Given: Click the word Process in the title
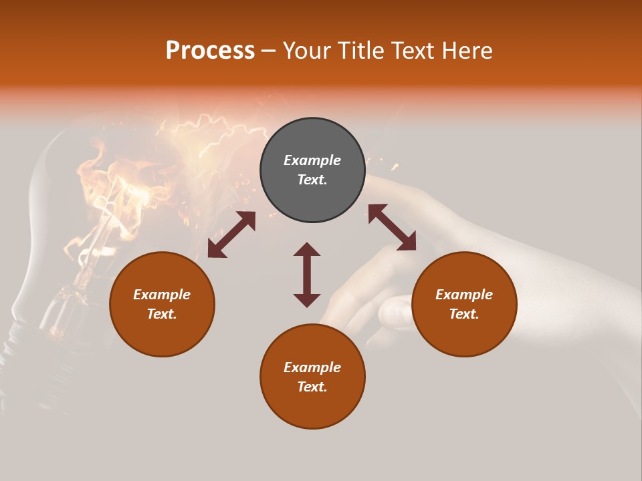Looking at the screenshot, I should click(210, 51).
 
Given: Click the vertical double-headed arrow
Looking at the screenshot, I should click(307, 275).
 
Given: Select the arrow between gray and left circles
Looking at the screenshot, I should click(231, 234).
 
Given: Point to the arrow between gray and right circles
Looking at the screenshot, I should click(392, 227).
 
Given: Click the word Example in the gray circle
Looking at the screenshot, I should click(312, 160).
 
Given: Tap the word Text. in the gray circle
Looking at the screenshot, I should click(312, 180).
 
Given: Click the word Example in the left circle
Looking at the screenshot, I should click(162, 295).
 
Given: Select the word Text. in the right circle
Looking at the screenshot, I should click(463, 314).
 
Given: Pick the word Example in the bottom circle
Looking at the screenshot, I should click(312, 367).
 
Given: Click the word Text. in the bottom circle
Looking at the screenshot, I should click(312, 387).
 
